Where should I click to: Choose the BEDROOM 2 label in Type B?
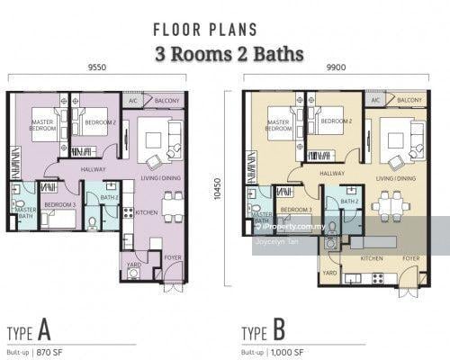click(334, 121)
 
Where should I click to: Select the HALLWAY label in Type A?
click(94, 168)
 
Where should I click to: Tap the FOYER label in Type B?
click(410, 258)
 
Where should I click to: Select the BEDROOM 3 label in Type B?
click(296, 209)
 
